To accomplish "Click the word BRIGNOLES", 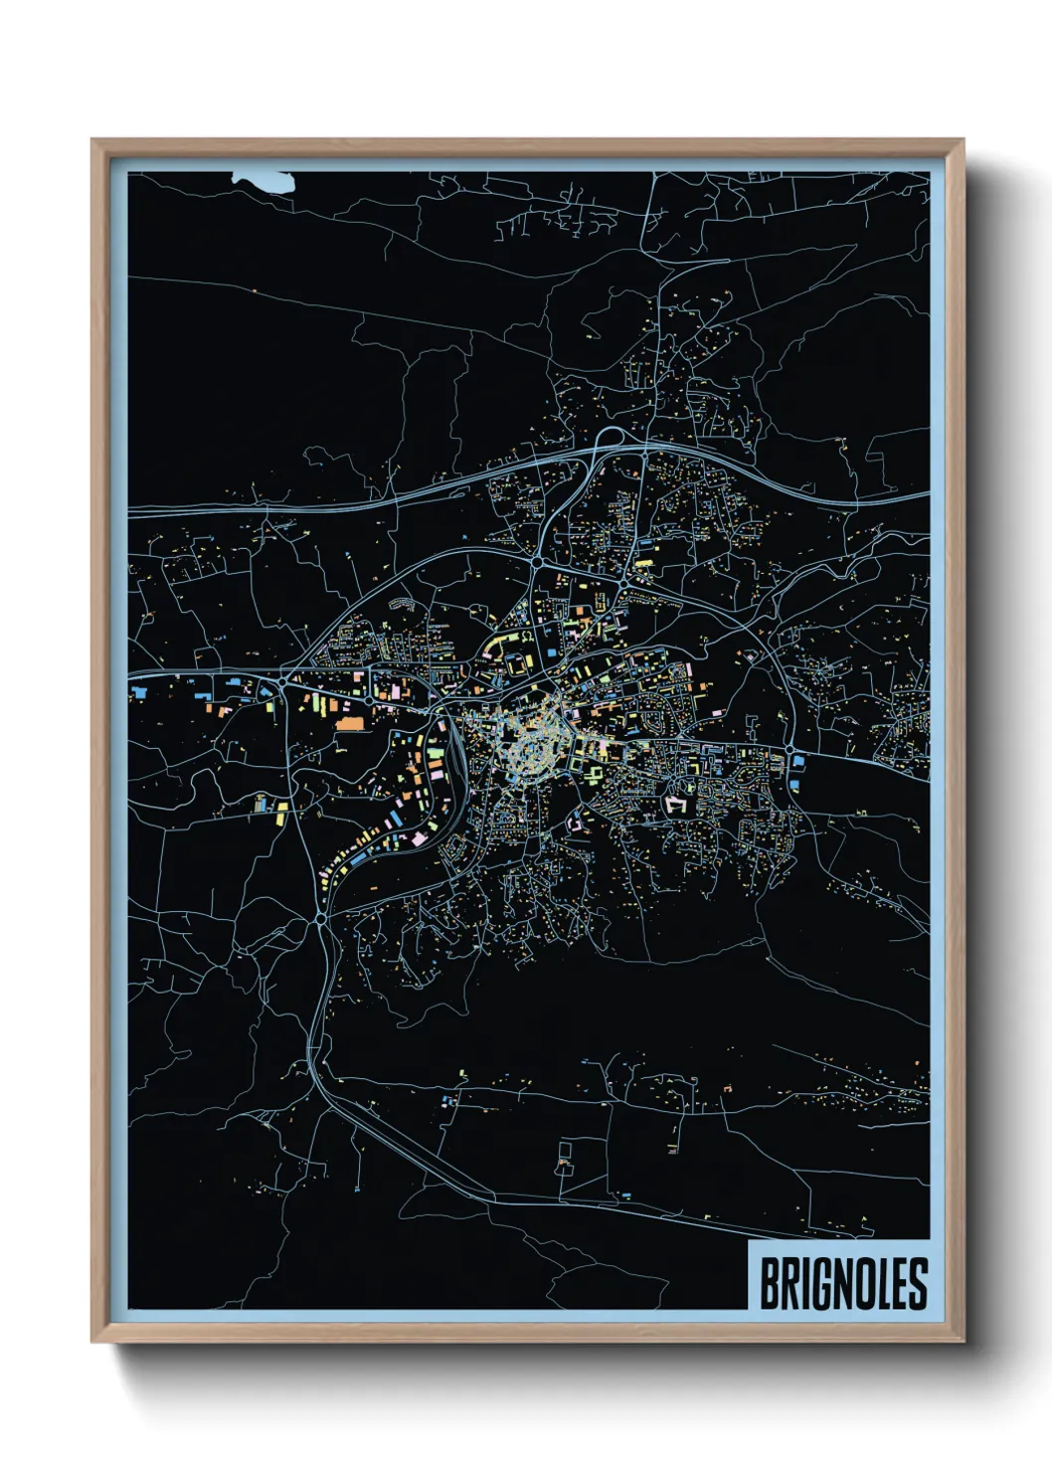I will coord(843,1284).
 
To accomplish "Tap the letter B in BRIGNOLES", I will coord(770,1284).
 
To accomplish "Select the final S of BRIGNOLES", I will coord(918,1284).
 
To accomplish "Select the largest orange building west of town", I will coord(350,722).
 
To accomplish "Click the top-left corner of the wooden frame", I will coord(93,141).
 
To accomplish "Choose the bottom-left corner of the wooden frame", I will coord(93,1341).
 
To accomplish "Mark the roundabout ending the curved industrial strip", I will coord(318,919).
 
